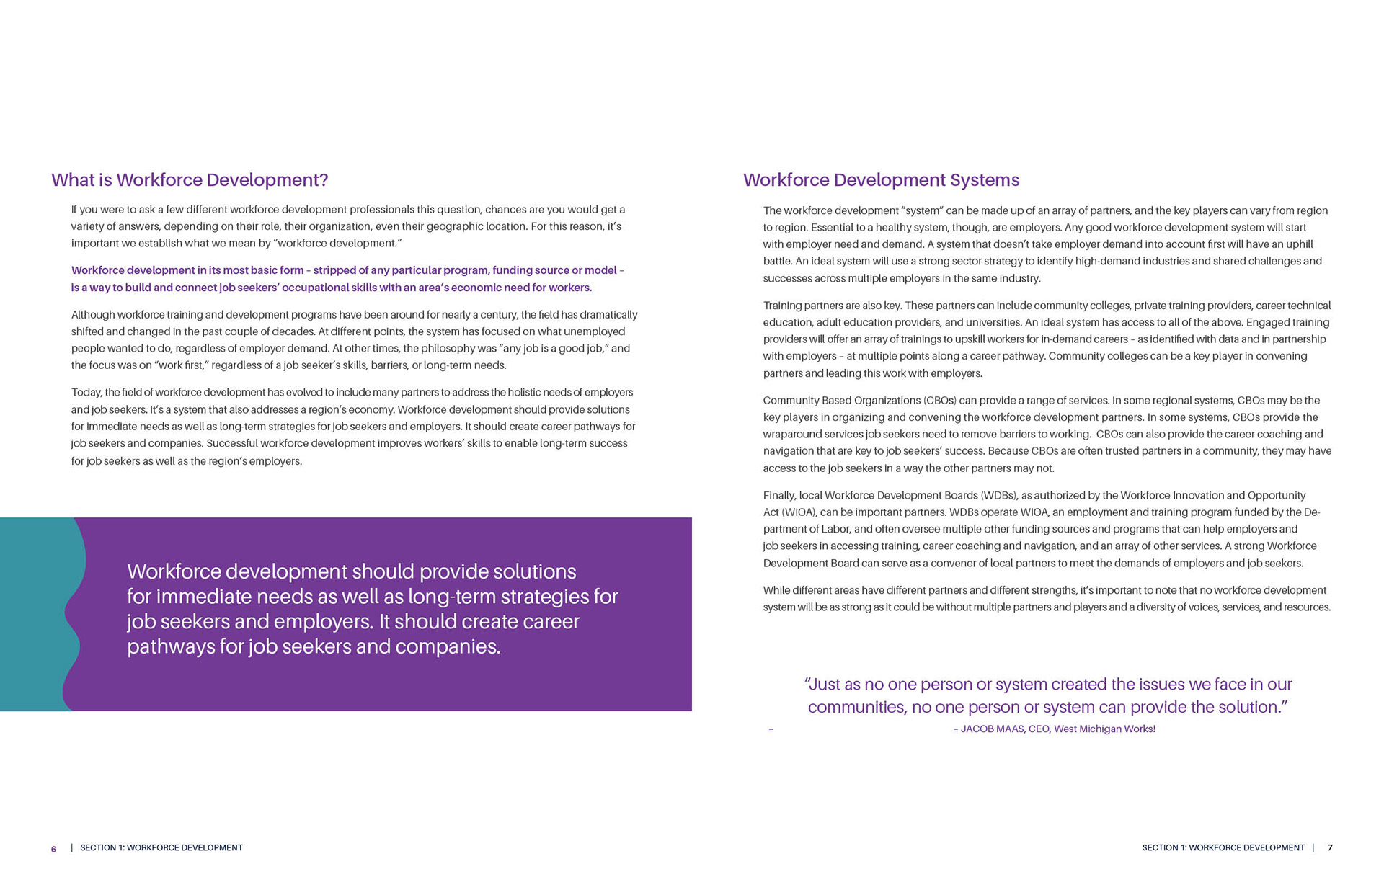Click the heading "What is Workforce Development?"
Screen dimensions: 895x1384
[x=190, y=180]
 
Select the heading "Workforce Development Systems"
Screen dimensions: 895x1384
[x=881, y=180]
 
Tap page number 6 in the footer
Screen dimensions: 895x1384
[x=53, y=849]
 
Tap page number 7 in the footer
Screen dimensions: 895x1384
[x=1330, y=847]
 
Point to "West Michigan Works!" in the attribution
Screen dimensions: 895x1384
[x=1104, y=729]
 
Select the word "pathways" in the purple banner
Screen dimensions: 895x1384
[x=171, y=646]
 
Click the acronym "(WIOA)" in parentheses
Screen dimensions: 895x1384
[x=799, y=512]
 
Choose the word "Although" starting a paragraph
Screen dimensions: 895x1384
[x=92, y=315]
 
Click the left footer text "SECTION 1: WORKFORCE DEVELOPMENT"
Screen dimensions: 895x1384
[x=161, y=847]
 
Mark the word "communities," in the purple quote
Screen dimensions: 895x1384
[x=858, y=707]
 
